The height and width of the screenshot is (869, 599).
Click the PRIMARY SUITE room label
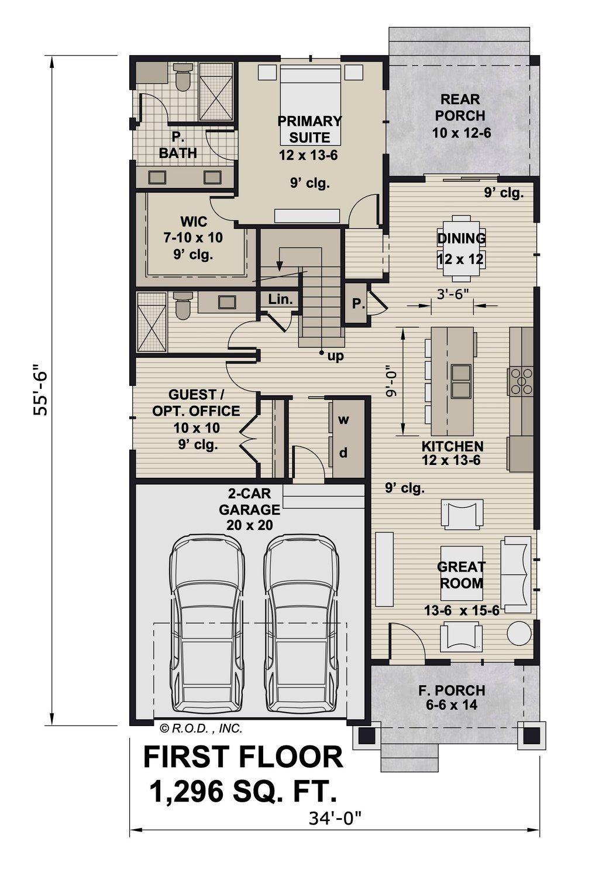point(309,129)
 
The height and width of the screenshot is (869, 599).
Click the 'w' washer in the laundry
point(343,419)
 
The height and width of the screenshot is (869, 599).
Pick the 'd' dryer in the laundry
point(343,453)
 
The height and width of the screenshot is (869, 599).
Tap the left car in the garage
point(206,627)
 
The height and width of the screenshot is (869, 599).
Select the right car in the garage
point(301,627)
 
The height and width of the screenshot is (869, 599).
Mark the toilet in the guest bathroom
point(183,306)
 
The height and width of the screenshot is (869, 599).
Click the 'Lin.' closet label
point(280,299)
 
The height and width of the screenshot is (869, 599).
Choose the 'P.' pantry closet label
point(358,305)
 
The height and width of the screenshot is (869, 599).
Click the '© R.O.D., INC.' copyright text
point(201,728)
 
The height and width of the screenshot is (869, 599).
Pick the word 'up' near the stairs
point(335,355)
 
